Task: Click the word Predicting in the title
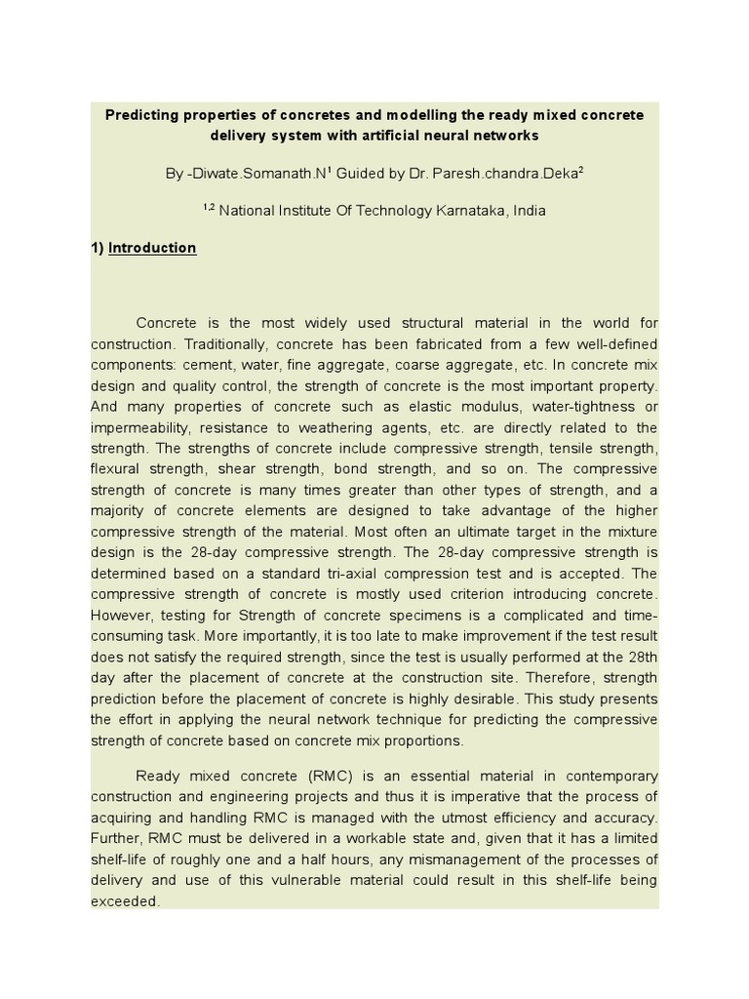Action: [142, 115]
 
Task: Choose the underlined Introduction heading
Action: [152, 248]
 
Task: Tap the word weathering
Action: [325, 427]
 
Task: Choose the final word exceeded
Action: [124, 901]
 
